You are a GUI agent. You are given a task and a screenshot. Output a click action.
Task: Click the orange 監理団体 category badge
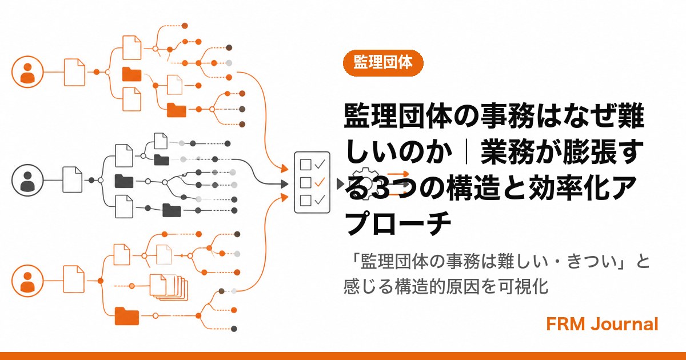(383, 63)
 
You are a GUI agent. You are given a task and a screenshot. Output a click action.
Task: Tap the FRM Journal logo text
(602, 324)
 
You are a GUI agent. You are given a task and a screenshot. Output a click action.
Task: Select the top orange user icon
(27, 72)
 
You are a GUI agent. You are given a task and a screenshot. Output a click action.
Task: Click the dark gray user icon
(27, 180)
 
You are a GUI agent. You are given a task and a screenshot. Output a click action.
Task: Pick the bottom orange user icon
(27, 281)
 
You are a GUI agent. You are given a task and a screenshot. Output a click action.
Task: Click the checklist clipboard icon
(312, 182)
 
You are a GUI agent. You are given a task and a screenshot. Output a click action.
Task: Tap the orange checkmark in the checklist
(320, 182)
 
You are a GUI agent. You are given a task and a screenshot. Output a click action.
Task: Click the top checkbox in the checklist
(306, 165)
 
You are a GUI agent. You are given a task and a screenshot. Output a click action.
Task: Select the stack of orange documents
(169, 287)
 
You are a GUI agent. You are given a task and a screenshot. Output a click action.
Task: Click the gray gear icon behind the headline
(366, 183)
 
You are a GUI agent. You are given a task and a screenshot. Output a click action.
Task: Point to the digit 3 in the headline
(382, 187)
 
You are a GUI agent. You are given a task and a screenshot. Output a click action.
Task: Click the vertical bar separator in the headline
(466, 152)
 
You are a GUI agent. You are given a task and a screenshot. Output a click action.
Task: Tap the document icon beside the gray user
(72, 179)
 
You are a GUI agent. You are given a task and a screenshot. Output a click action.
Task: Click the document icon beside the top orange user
(74, 72)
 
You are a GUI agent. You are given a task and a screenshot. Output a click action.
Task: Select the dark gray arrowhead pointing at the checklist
(285, 184)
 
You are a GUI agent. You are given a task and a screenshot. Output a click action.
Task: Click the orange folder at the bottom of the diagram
(127, 316)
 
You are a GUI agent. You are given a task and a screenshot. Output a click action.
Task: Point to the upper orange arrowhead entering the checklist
(285, 168)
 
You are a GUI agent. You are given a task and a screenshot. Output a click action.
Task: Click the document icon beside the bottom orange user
(74, 279)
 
